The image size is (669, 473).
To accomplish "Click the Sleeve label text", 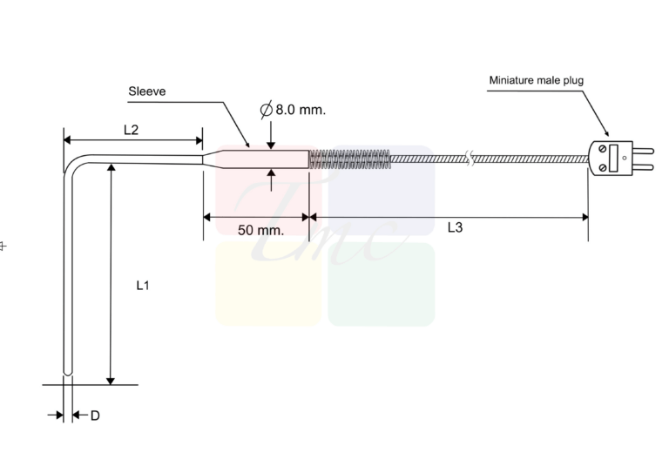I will pyautogui.click(x=147, y=91).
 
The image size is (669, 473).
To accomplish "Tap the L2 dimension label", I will pyautogui.click(x=132, y=130).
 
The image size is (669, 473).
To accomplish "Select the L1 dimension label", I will pyautogui.click(x=143, y=285).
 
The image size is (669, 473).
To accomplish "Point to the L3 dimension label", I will pyautogui.click(x=456, y=228).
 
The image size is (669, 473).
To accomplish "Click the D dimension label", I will pyautogui.click(x=95, y=416).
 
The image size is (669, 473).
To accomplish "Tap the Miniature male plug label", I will pyautogui.click(x=536, y=80).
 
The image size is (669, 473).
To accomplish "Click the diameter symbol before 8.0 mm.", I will pyautogui.click(x=267, y=110).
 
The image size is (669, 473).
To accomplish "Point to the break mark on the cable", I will pyautogui.click(x=470, y=159).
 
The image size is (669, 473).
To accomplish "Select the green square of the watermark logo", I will pyautogui.click(x=382, y=284).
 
